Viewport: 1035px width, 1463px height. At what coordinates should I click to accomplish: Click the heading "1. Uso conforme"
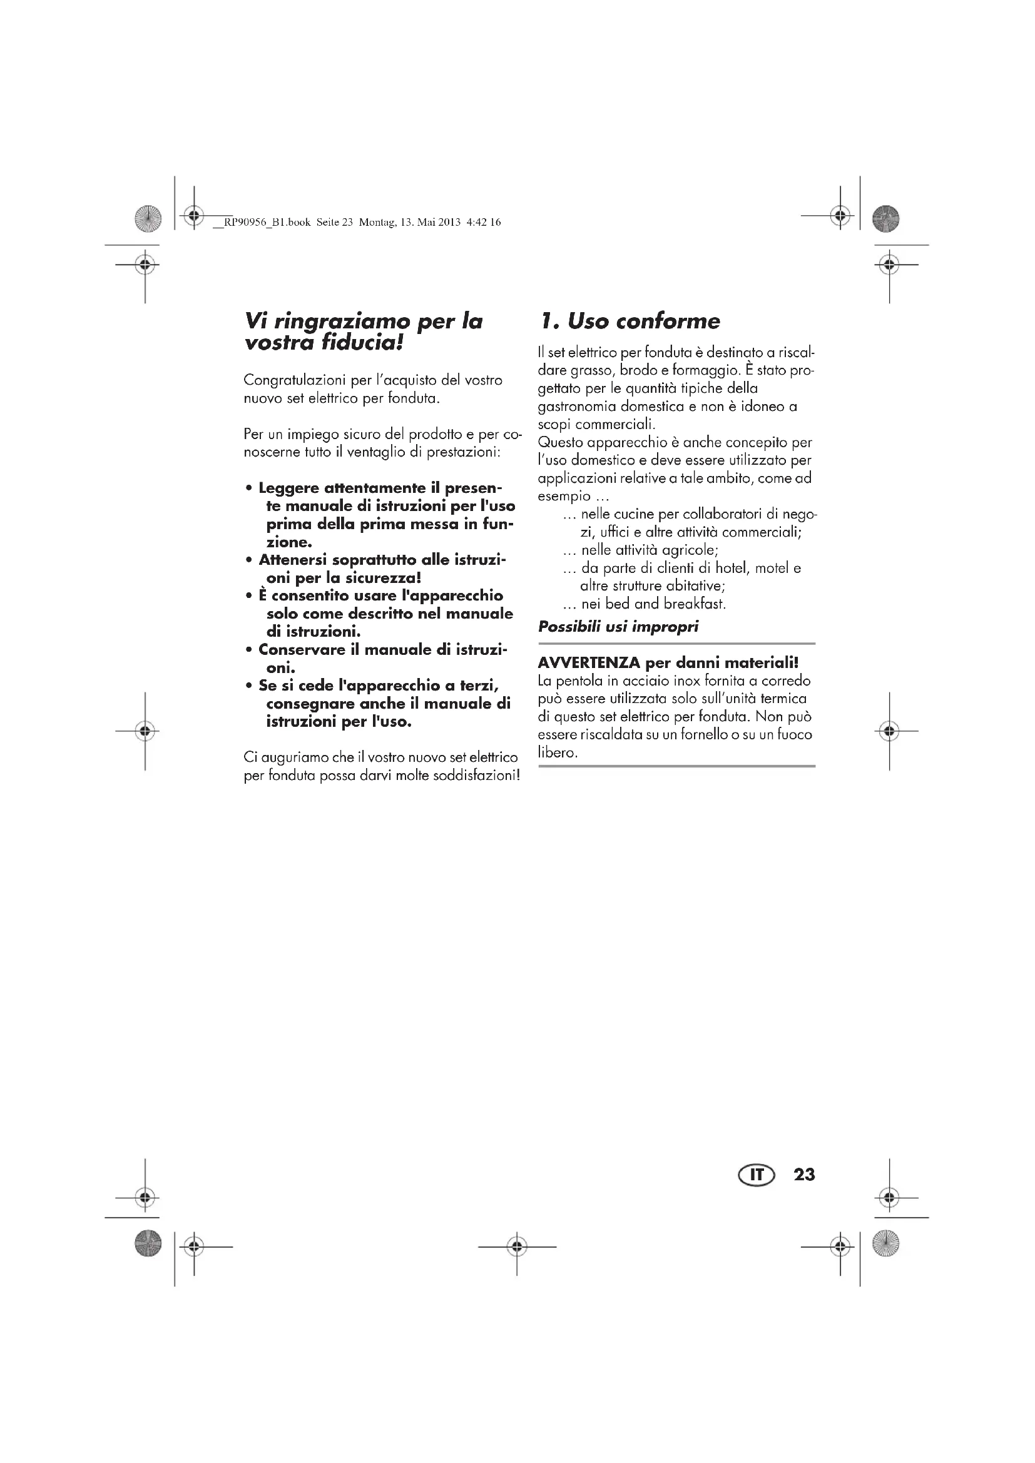[x=630, y=321]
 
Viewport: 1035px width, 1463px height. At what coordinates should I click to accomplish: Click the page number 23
[x=803, y=1175]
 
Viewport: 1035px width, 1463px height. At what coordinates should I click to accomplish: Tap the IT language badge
[x=756, y=1175]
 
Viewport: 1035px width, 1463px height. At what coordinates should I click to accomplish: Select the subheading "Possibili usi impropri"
[x=618, y=627]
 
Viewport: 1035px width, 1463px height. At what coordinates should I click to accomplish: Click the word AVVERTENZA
[x=589, y=662]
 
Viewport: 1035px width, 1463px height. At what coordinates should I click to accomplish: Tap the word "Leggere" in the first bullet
[x=288, y=488]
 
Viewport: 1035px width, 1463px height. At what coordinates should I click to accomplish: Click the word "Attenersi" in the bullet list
[x=292, y=560]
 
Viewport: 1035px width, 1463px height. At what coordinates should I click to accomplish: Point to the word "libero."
[x=558, y=752]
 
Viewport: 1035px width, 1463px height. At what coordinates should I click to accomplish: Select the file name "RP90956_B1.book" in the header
[x=268, y=223]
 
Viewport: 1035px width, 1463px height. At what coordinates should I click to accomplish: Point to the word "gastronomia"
[x=577, y=407]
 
